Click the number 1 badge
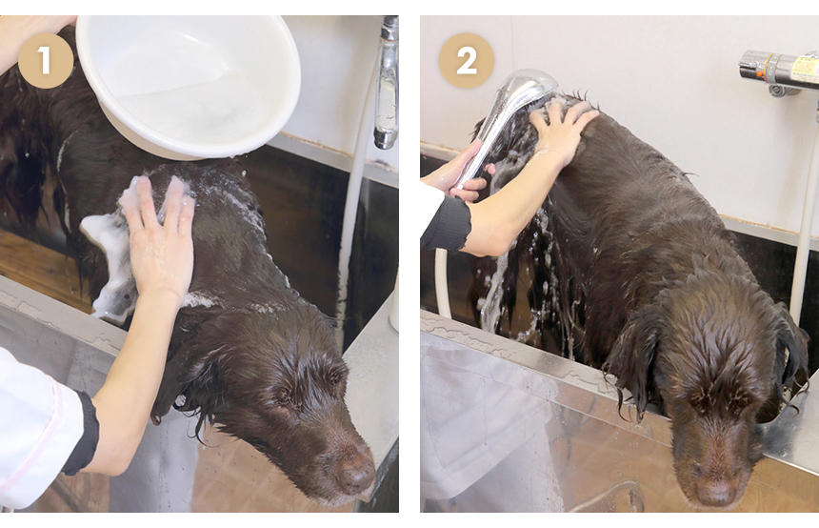pos(46,61)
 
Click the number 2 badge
pos(467,61)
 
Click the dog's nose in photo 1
pos(354,472)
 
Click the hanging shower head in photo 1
pos(387,83)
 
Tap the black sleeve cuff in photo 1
pos(83,435)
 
